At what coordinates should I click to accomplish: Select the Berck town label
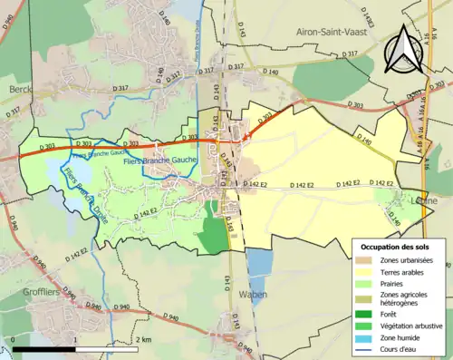[x=20, y=90]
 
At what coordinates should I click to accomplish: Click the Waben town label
[x=253, y=295]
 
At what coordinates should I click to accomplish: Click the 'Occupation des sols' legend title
[x=396, y=247]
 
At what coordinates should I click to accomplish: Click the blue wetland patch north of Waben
[x=258, y=263]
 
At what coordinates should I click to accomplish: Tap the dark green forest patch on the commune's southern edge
[x=215, y=234]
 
